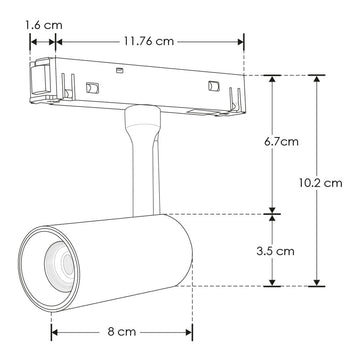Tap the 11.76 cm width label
149,42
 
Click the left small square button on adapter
91,86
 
